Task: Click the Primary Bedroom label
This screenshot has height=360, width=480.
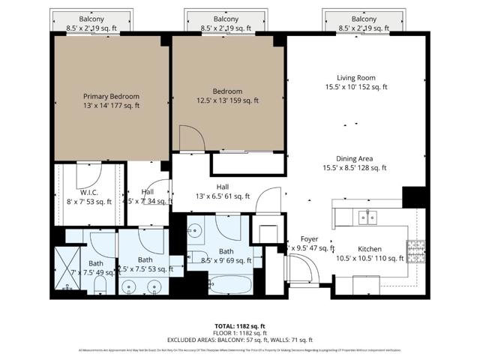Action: [x=111, y=96]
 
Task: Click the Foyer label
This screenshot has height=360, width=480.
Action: [x=310, y=239]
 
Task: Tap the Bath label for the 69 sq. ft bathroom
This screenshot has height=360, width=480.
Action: [x=226, y=251]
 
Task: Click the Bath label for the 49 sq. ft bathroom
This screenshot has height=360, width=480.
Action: [x=96, y=263]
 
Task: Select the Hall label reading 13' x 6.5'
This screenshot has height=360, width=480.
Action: [x=223, y=187]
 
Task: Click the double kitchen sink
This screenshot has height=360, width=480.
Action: [x=367, y=217]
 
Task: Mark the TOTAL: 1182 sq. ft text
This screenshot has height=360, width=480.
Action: [x=240, y=326]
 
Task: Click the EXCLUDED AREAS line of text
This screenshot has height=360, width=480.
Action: [x=240, y=340]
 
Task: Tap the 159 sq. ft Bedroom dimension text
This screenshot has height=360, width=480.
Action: [x=228, y=100]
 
